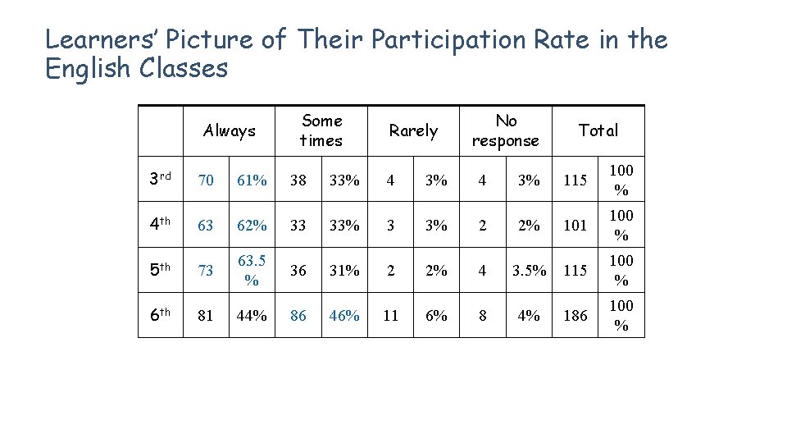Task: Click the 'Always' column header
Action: coord(230,130)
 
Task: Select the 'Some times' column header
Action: coord(321,130)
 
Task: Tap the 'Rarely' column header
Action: coord(413,130)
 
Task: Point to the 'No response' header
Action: coord(506,130)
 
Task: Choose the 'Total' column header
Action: coord(598,130)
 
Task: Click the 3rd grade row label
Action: coord(159,179)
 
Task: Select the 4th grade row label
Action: coord(159,224)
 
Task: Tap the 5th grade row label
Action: coord(159,269)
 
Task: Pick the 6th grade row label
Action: coord(159,314)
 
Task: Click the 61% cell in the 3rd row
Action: coord(252,180)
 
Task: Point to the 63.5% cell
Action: coord(252,270)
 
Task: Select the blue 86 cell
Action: coord(298,315)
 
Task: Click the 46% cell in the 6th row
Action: coord(344,315)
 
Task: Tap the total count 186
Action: coord(575,315)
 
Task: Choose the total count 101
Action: coord(575,225)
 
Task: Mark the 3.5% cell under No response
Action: coord(530,270)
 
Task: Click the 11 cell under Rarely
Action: coord(391,315)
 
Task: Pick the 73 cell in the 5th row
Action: coord(206,270)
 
